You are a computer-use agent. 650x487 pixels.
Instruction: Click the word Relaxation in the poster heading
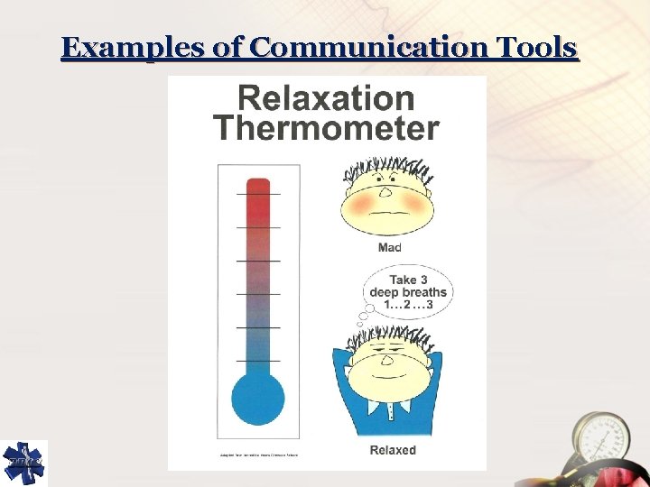click(326, 98)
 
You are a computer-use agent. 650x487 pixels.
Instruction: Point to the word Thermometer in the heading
click(326, 128)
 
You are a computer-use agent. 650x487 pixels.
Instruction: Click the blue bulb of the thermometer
click(258, 398)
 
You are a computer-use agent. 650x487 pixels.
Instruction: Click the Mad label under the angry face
click(390, 247)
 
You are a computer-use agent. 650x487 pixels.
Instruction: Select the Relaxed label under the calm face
click(393, 450)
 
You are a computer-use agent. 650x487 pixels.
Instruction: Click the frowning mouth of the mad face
click(386, 216)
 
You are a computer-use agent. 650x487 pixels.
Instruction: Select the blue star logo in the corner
click(23, 463)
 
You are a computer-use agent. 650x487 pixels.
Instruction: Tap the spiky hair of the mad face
click(386, 169)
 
